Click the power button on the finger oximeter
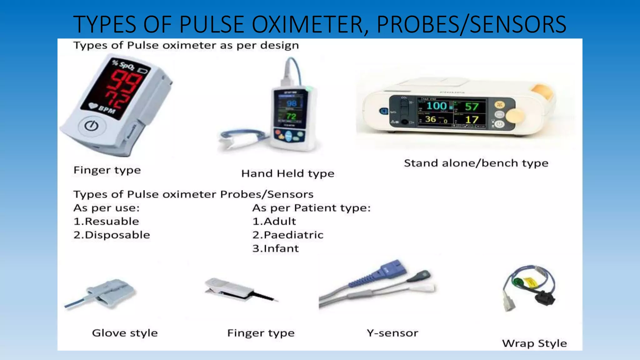[92, 126]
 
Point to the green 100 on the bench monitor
[437, 106]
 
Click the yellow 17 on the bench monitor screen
[472, 120]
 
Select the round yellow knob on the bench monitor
[514, 116]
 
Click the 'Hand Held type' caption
[288, 173]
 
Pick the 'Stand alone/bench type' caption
[476, 163]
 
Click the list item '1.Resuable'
[106, 221]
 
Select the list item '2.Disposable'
[112, 235]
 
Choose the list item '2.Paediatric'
[288, 235]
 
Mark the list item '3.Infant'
[276, 248]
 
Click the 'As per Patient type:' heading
[311, 208]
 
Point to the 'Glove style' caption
[125, 333]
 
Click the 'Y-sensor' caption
[392, 333]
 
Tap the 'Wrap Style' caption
[534, 343]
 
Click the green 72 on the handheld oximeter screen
[291, 117]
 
